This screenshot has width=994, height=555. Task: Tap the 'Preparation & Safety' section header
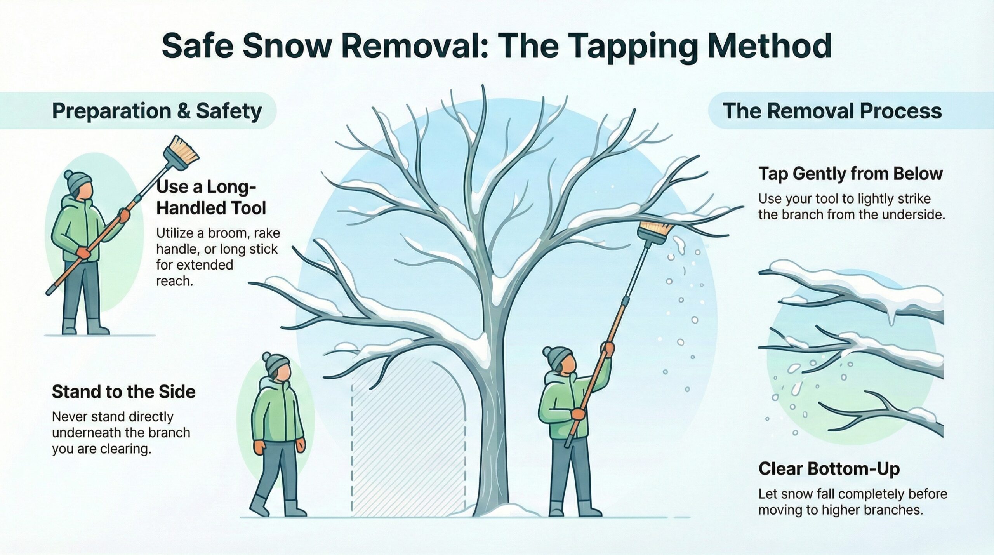pos(157,111)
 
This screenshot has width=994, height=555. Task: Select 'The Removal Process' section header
pos(832,111)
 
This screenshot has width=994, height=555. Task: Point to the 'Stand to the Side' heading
pos(123,392)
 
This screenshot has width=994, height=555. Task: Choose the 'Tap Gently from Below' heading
pos(850,174)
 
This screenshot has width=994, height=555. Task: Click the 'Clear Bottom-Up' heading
pos(829,469)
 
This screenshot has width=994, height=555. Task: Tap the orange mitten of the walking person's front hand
pos(259,447)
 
